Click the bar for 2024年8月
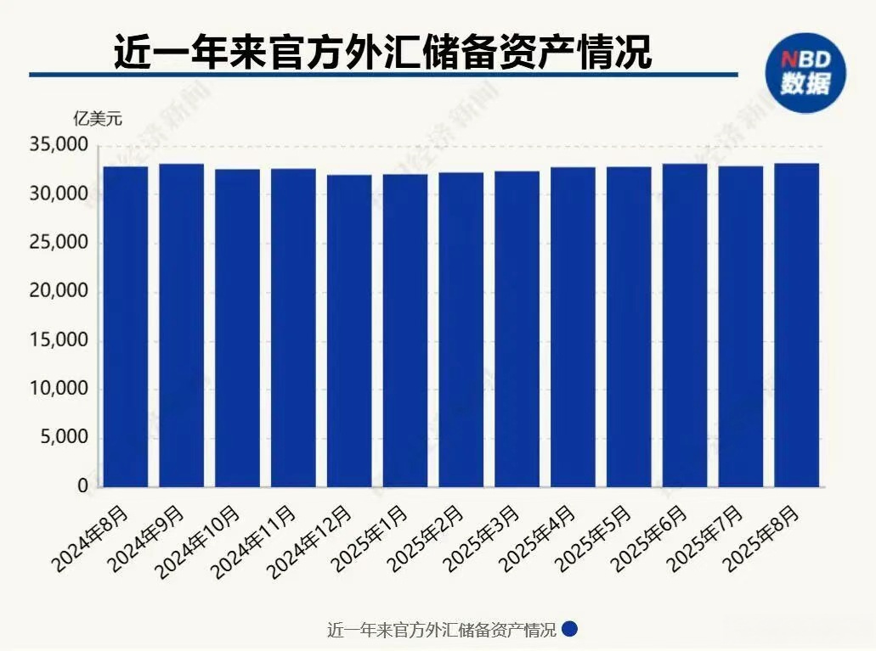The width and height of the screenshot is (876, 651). click(x=125, y=327)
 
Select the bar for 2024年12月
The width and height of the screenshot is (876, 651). click(x=349, y=331)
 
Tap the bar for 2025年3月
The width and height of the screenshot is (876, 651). click(x=517, y=329)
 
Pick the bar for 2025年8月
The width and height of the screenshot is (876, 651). click(x=796, y=325)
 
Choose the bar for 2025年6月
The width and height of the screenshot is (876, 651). click(x=685, y=325)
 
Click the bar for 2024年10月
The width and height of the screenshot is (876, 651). click(x=237, y=328)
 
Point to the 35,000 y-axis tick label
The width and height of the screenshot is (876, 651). click(x=59, y=146)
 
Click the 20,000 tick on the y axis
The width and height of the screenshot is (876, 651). click(x=59, y=292)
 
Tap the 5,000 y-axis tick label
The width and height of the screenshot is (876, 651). click(x=64, y=438)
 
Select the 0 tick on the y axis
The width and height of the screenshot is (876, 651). click(x=83, y=487)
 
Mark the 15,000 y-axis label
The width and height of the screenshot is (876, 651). click(x=59, y=341)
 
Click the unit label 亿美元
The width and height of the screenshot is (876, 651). click(x=97, y=119)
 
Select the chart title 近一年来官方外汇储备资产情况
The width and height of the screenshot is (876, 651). click(x=382, y=53)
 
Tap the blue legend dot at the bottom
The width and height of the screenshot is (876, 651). click(x=570, y=630)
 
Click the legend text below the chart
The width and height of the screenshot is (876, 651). click(x=441, y=631)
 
